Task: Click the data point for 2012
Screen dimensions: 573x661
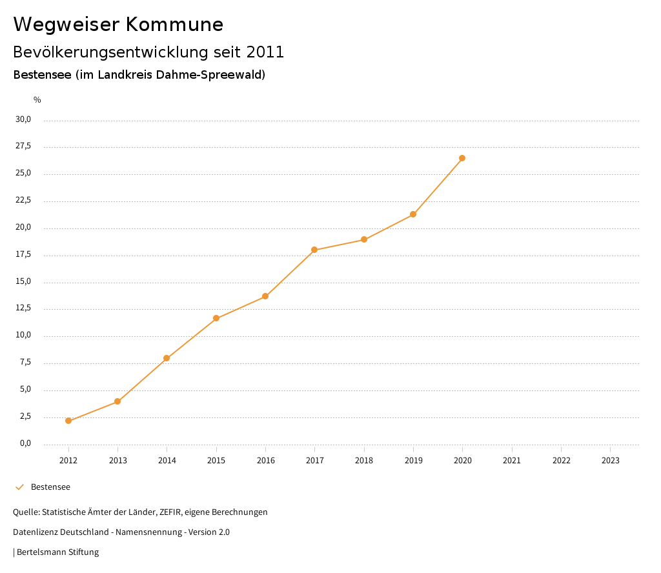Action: [x=68, y=421]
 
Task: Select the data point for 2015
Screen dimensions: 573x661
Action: [x=216, y=318]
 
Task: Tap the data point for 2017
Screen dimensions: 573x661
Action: [x=314, y=250]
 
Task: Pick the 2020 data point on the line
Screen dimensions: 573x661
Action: [x=462, y=158]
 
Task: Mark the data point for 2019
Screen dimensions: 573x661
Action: [x=413, y=214]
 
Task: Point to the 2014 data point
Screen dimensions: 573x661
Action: [x=167, y=358]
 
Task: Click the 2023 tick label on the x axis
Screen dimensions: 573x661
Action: [x=610, y=461]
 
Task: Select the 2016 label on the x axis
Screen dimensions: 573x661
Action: [x=265, y=461]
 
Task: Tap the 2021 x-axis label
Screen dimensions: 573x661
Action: [x=511, y=461]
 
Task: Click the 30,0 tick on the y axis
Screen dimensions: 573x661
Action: [x=23, y=119]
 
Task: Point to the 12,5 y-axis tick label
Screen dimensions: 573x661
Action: [x=23, y=308]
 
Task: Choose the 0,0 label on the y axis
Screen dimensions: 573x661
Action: [x=25, y=443]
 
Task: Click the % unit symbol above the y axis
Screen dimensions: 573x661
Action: [x=37, y=100]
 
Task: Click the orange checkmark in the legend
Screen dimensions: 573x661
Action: [x=19, y=487]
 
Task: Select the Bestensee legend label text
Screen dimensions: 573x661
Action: [x=50, y=487]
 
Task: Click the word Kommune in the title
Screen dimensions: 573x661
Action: [x=174, y=25]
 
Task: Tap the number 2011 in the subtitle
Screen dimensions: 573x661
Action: [x=265, y=52]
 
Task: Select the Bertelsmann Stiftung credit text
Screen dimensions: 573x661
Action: [x=57, y=552]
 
